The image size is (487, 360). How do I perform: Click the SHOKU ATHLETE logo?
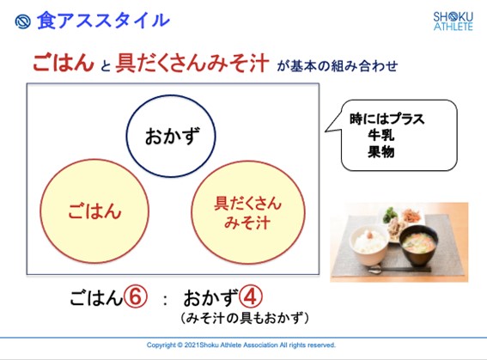454,21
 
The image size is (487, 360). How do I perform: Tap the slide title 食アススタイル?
103,21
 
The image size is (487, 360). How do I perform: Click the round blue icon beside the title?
22,21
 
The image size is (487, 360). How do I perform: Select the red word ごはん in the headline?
64,63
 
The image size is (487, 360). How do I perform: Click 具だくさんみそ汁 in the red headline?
192,63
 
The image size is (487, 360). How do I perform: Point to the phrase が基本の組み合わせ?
337,66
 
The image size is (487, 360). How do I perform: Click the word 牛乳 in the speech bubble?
380,135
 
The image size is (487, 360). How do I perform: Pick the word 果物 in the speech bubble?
380,152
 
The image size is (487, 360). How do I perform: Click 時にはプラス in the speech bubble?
387,119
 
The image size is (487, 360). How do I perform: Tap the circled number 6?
136,296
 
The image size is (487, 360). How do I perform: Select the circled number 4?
251,296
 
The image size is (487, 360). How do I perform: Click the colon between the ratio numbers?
165,300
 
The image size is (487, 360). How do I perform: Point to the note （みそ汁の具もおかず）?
245,318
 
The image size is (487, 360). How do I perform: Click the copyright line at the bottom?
241,345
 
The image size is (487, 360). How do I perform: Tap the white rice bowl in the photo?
369,245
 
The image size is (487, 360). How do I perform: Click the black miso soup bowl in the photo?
418,245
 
